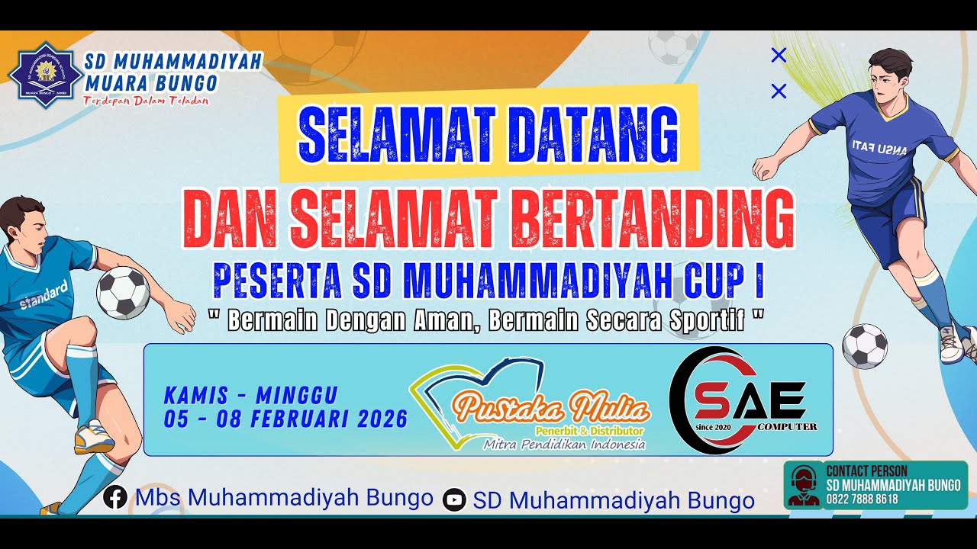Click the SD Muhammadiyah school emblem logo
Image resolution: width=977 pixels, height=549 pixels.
pyautogui.click(x=45, y=75)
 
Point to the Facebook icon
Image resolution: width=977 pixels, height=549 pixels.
pyautogui.click(x=115, y=498)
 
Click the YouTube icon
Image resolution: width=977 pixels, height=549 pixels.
pyautogui.click(x=454, y=500)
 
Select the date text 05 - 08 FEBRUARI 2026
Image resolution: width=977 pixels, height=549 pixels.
pyautogui.click(x=285, y=419)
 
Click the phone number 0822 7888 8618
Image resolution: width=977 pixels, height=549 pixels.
pyautogui.click(x=862, y=499)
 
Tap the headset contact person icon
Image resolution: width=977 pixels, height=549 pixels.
pyautogui.click(x=802, y=485)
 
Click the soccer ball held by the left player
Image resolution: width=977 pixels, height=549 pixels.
pyautogui.click(x=122, y=292)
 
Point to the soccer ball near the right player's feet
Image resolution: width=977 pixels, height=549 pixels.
pyautogui.click(x=864, y=346)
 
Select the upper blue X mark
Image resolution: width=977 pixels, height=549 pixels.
pyautogui.click(x=779, y=55)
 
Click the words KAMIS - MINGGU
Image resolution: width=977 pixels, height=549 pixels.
pyautogui.click(x=250, y=396)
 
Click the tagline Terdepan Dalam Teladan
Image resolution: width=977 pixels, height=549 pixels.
pyautogui.click(x=147, y=101)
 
